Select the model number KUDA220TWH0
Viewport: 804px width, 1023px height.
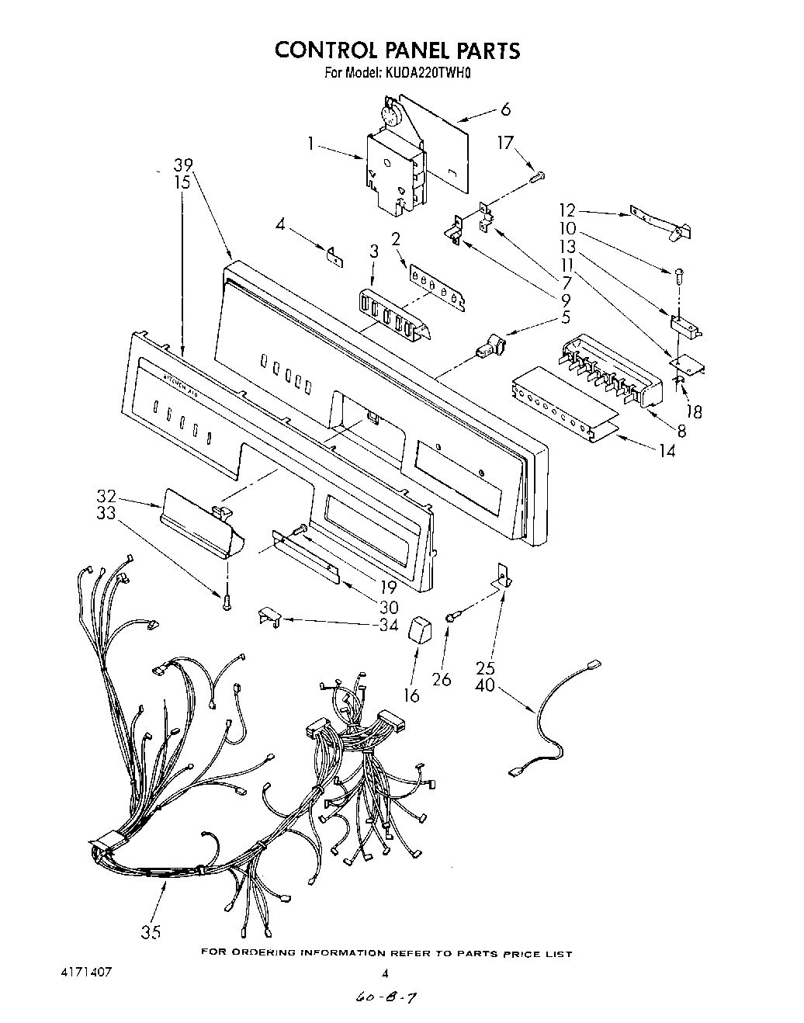pyautogui.click(x=426, y=74)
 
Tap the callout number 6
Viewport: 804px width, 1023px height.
pyautogui.click(x=505, y=109)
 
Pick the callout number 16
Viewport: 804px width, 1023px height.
pyautogui.click(x=411, y=695)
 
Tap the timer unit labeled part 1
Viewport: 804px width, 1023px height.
pyautogui.click(x=396, y=171)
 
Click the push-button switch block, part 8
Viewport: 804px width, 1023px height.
pyautogui.click(x=613, y=369)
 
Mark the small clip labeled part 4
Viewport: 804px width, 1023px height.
pyautogui.click(x=334, y=256)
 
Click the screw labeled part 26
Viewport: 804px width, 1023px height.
pyautogui.click(x=450, y=616)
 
